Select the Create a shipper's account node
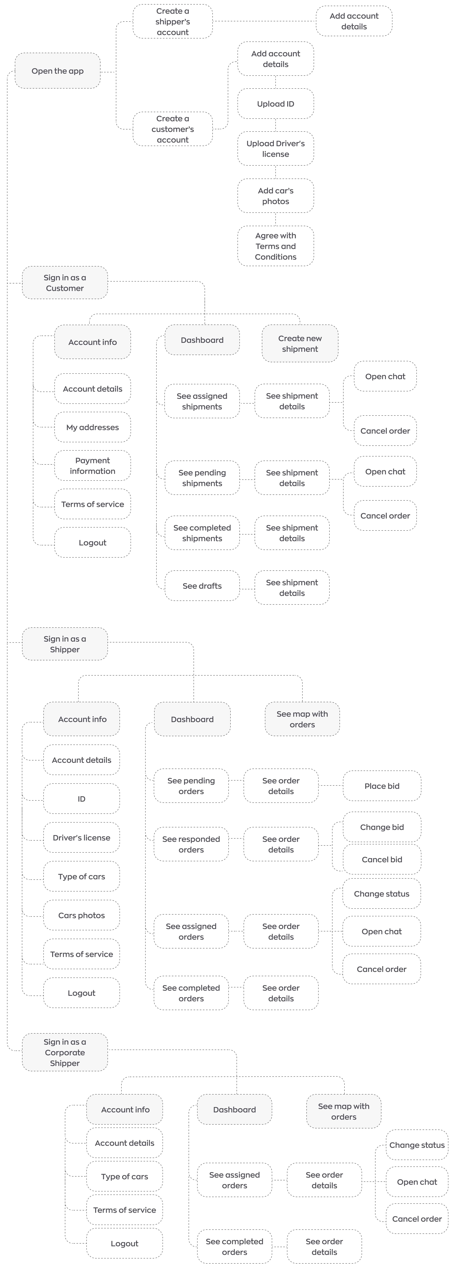[173, 21]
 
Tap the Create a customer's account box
[173, 129]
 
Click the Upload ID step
[275, 104]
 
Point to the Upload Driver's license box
[275, 148]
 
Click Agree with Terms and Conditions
[275, 246]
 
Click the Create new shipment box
[300, 343]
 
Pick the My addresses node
[92, 427]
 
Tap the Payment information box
[92, 465]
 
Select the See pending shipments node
[202, 478]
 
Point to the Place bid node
[382, 786]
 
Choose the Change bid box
[382, 827]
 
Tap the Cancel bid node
[382, 859]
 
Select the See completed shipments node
[202, 533]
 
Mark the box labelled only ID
[81, 799]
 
